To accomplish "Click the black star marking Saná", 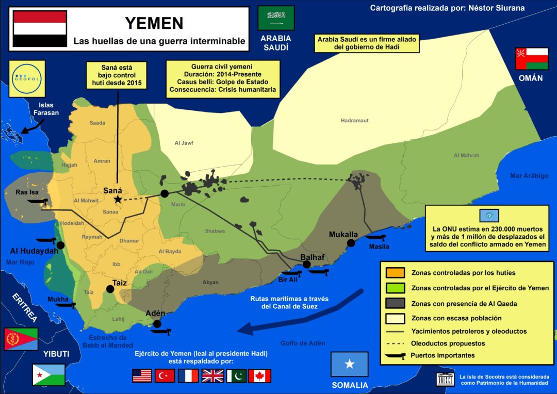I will click(x=118, y=199).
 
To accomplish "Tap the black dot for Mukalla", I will click(x=351, y=243).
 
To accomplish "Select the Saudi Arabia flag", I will click(x=276, y=18).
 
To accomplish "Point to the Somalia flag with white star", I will click(x=350, y=364).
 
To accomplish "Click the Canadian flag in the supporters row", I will click(x=259, y=375).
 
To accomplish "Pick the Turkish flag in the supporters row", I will click(x=165, y=375).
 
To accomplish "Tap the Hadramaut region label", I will click(x=355, y=121).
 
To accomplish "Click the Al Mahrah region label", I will click(x=466, y=155).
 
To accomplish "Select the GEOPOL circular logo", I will click(x=27, y=79).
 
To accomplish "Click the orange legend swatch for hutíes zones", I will click(x=395, y=272).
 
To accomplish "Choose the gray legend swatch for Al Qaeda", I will click(x=395, y=303).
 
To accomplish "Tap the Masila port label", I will click(x=379, y=247).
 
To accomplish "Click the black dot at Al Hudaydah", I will click(x=60, y=245).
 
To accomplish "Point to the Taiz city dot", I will click(x=109, y=289).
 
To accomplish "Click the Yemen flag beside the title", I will click(x=40, y=29).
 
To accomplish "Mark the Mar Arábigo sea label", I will click(x=529, y=176).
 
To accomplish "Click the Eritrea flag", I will click(x=21, y=339).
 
